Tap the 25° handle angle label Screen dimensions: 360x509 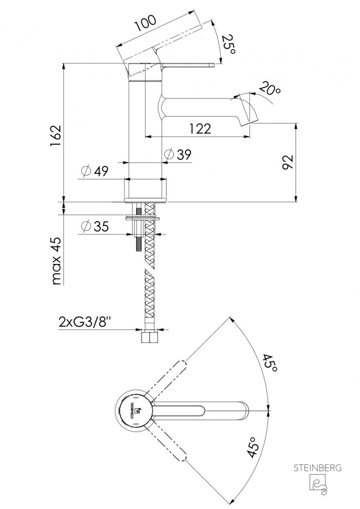(x=228, y=44)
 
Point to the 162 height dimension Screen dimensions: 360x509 (x=56, y=135)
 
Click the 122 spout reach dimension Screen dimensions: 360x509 (x=200, y=129)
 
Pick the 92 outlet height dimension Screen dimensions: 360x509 (x=287, y=162)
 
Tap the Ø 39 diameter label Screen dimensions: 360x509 (x=178, y=155)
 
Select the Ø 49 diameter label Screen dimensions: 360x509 (x=94, y=171)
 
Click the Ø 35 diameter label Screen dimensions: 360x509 (x=95, y=226)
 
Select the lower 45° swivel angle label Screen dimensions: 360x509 (x=254, y=447)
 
